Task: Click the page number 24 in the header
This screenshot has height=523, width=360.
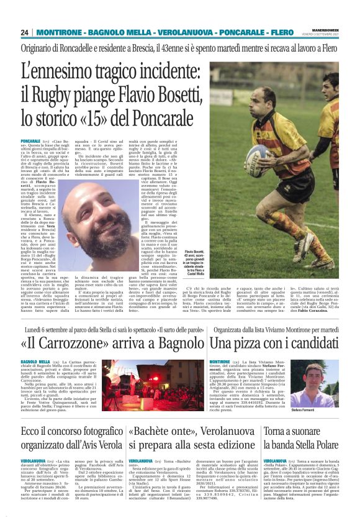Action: coord(24,32)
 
